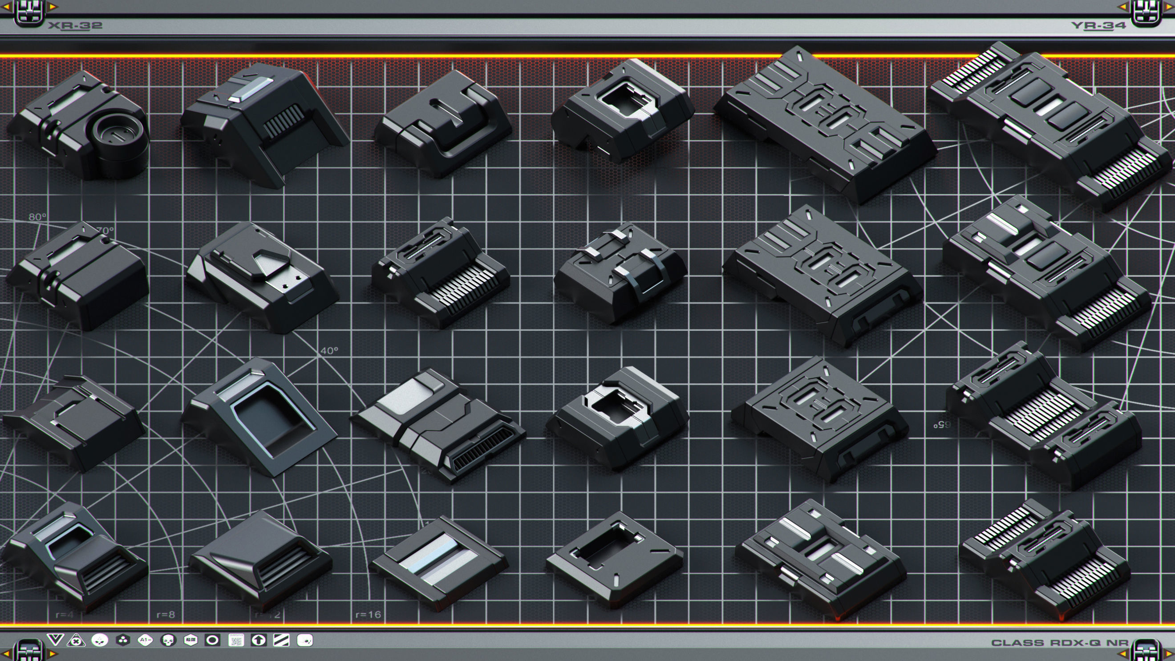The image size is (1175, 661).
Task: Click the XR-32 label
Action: point(75,25)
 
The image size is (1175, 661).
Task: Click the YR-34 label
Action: point(1098,25)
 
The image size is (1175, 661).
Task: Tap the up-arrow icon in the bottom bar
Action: point(259,641)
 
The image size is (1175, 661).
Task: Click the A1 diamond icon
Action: point(145,641)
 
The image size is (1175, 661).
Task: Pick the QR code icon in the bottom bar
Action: point(236,641)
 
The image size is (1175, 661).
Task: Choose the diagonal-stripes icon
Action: point(281,641)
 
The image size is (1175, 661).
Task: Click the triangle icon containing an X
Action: point(76,641)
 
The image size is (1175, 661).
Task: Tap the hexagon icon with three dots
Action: point(122,641)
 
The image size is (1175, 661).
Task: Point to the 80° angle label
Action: point(37,217)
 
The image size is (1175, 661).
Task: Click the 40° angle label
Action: point(329,351)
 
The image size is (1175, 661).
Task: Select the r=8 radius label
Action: point(166,614)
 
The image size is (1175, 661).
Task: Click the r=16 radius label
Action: point(368,614)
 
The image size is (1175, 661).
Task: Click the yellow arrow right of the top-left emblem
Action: point(53,7)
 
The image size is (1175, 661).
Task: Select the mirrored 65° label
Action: point(942,425)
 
